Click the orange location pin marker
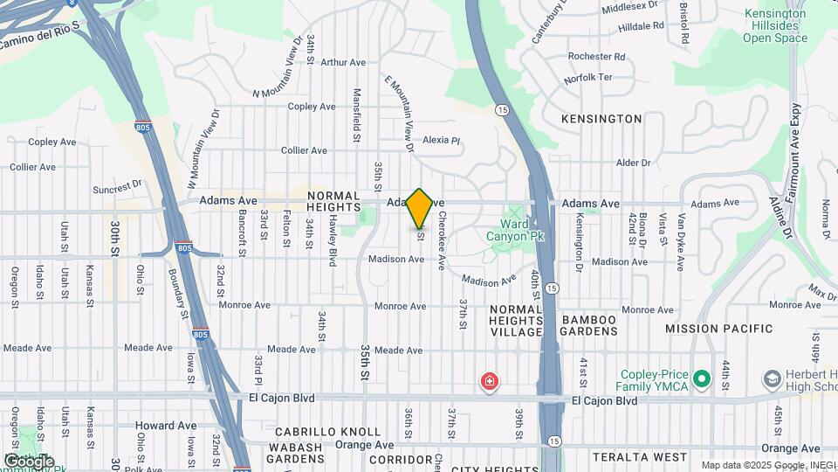tap(420, 209)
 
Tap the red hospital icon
tap(490, 382)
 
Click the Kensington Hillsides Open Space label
tap(774, 26)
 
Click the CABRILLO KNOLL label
tap(327, 432)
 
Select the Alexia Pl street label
tap(441, 140)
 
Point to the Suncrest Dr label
tap(117, 186)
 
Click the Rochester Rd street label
tap(596, 56)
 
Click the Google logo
tap(29, 461)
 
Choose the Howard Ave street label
tap(165, 426)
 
